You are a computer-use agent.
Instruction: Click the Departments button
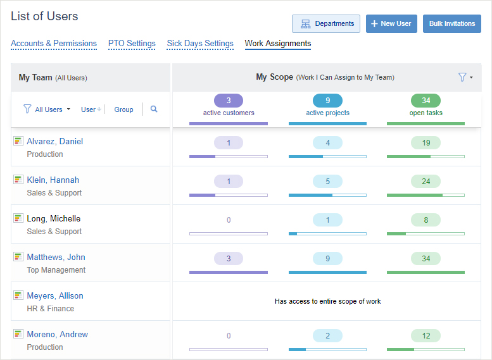tap(326, 24)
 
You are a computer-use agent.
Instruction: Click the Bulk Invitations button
tap(451, 24)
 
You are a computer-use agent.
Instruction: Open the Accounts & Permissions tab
tap(54, 44)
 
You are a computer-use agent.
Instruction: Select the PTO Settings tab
tap(132, 44)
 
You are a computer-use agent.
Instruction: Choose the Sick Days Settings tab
tap(200, 44)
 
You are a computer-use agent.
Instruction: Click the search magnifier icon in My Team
tap(154, 109)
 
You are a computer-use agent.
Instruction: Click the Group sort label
tap(123, 109)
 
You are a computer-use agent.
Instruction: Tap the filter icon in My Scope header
tap(463, 77)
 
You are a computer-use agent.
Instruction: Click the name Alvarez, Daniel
tap(54, 142)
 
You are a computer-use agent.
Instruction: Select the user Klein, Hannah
tap(53, 180)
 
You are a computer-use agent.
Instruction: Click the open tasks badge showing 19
tap(426, 143)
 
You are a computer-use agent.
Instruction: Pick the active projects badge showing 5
tap(327, 182)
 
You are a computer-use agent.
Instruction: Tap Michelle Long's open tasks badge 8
tap(426, 220)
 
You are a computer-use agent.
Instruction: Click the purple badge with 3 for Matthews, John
tap(229, 258)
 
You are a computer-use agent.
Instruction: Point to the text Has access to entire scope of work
tap(327, 302)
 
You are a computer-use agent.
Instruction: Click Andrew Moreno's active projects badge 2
tap(327, 336)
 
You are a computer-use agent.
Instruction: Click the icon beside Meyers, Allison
tap(18, 295)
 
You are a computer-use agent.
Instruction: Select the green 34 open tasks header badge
tap(426, 101)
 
